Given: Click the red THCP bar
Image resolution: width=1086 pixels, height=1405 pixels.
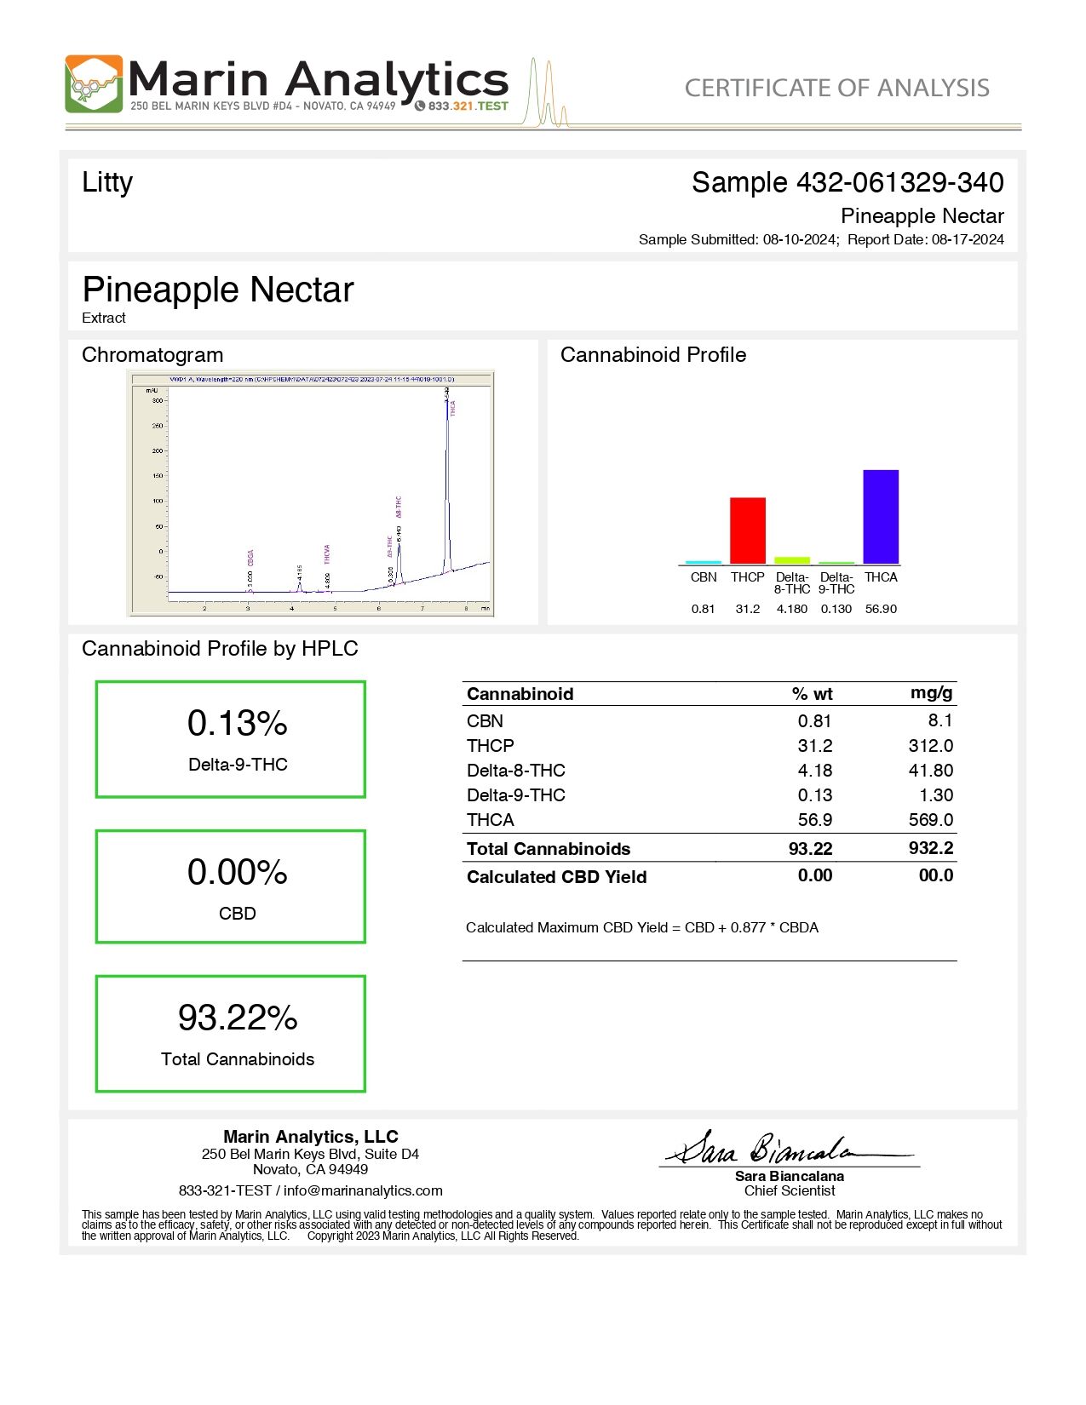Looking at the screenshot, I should [x=747, y=530].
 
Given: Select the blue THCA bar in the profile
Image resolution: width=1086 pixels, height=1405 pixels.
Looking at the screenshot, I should [x=880, y=516].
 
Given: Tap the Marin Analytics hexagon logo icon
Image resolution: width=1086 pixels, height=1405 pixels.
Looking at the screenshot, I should [x=94, y=84].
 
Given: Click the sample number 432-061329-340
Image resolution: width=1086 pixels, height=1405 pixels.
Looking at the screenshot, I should [x=899, y=182].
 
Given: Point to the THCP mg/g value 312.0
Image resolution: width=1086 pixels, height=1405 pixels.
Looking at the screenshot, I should [x=930, y=746].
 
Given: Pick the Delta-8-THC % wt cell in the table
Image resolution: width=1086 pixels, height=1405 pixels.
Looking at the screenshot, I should [x=814, y=771].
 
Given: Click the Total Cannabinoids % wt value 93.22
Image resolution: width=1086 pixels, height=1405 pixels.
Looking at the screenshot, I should [x=810, y=849].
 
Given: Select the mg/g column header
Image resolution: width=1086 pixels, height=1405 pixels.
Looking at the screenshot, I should [x=931, y=693].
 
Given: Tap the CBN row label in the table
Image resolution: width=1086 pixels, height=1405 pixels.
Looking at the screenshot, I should [x=485, y=721].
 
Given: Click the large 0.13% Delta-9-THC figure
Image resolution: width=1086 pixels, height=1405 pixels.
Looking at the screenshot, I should [x=237, y=724].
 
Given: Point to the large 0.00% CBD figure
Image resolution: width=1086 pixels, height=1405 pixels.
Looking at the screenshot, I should [x=237, y=873].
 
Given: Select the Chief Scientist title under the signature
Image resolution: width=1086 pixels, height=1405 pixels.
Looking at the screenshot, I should [x=789, y=1190].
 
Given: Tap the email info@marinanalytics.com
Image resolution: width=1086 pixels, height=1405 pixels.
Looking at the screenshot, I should [x=363, y=1190].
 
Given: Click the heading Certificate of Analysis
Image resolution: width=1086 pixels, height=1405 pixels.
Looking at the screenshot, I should [x=836, y=88].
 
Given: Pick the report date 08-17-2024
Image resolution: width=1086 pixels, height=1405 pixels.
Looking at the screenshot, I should [x=968, y=240].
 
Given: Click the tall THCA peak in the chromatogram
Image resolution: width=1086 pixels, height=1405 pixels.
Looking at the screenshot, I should [x=447, y=477].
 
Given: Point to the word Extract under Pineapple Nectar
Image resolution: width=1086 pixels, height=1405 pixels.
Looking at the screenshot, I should [x=104, y=318].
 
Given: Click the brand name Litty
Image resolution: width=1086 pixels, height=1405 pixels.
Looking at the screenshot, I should [x=107, y=182].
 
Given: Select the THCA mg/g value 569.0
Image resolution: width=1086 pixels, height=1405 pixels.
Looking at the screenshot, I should [x=930, y=820].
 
